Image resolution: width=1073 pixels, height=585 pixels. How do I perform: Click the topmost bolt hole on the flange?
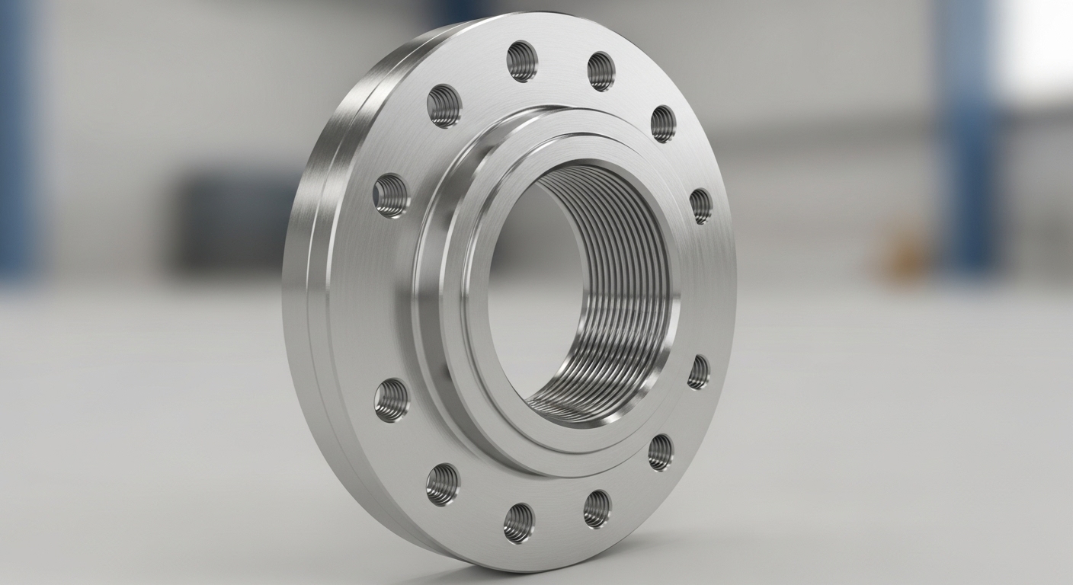click(521, 61)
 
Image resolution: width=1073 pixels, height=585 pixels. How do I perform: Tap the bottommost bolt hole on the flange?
click(519, 523)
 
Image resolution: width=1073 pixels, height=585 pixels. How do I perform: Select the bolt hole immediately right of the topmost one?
click(601, 71)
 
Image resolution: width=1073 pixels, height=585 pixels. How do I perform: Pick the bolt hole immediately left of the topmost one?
click(444, 105)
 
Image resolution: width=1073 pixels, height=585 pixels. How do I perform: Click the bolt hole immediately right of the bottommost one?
click(597, 508)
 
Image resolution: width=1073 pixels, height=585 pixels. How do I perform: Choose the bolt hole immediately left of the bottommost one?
click(443, 484)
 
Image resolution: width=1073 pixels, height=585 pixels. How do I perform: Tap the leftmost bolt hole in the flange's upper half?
click(391, 195)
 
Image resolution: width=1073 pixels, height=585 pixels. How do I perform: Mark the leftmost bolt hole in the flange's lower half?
click(392, 400)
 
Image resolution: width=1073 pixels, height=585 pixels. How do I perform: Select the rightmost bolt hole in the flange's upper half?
click(701, 206)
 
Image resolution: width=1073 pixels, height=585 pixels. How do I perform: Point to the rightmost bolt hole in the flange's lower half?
click(699, 372)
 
